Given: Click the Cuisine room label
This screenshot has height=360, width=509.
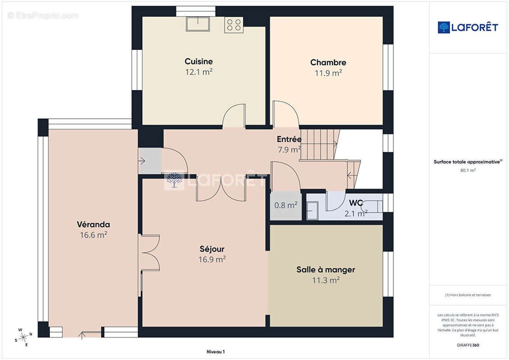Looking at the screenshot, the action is coord(198,61).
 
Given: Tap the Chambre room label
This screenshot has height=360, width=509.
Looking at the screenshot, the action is coord(328,63).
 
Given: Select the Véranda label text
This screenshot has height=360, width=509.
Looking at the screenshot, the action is coord(94,224).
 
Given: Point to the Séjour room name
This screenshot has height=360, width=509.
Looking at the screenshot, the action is coord(212,249).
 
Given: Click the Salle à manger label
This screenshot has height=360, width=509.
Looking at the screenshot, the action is coord(325,270).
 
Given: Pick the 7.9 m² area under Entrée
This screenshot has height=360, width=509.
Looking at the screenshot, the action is coord(289,150).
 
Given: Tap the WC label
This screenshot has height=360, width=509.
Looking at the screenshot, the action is coord(356,203).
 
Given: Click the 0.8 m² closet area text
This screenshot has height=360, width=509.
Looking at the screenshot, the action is coord(286,205).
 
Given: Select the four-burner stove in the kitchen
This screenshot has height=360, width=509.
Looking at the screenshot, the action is coord(234,25).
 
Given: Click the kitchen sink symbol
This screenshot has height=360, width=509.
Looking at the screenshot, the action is coord(198,24).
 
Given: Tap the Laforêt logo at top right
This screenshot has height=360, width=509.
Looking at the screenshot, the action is coord(468,27).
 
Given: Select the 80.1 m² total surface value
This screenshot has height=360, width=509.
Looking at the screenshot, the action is coord(468,170).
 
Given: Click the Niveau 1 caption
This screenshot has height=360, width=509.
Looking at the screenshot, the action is coord(216,351).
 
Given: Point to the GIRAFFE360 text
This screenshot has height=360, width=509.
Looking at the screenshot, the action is coord(468,345).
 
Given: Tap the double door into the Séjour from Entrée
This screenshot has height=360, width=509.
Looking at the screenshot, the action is coord(221,189).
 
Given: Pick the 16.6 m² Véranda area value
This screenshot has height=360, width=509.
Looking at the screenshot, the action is coord(94,235).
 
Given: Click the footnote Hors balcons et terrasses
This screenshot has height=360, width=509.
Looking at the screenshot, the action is coord(468,295).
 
